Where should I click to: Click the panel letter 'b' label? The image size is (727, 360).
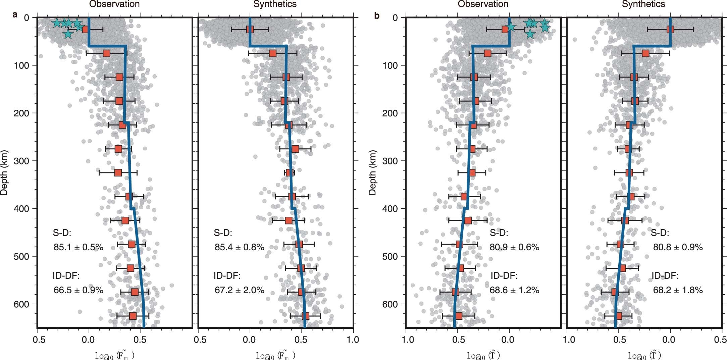point(377,15)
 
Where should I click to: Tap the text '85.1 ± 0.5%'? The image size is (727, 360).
point(79,247)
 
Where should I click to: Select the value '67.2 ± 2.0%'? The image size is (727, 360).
point(240,290)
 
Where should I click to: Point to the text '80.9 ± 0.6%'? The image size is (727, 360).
point(514,247)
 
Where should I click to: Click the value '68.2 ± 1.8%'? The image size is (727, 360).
point(678,290)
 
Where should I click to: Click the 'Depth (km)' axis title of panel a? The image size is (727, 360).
point(4,172)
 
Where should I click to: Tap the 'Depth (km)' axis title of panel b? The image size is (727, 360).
point(372,172)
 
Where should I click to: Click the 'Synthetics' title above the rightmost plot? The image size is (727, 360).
point(643,4)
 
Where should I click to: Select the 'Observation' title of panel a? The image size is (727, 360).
point(114,4)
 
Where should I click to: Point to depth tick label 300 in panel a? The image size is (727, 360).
point(22,161)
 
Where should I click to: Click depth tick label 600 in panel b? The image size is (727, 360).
point(391,304)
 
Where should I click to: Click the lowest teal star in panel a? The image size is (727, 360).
point(68,34)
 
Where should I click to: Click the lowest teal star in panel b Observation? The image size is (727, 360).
point(530,34)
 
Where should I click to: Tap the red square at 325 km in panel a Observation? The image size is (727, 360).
point(118,173)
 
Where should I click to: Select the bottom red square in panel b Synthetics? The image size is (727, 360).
point(619,316)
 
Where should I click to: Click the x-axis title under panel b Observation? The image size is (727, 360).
point(483,355)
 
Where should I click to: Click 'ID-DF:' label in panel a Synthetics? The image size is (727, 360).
point(227,276)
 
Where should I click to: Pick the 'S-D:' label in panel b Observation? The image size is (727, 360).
point(499,233)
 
